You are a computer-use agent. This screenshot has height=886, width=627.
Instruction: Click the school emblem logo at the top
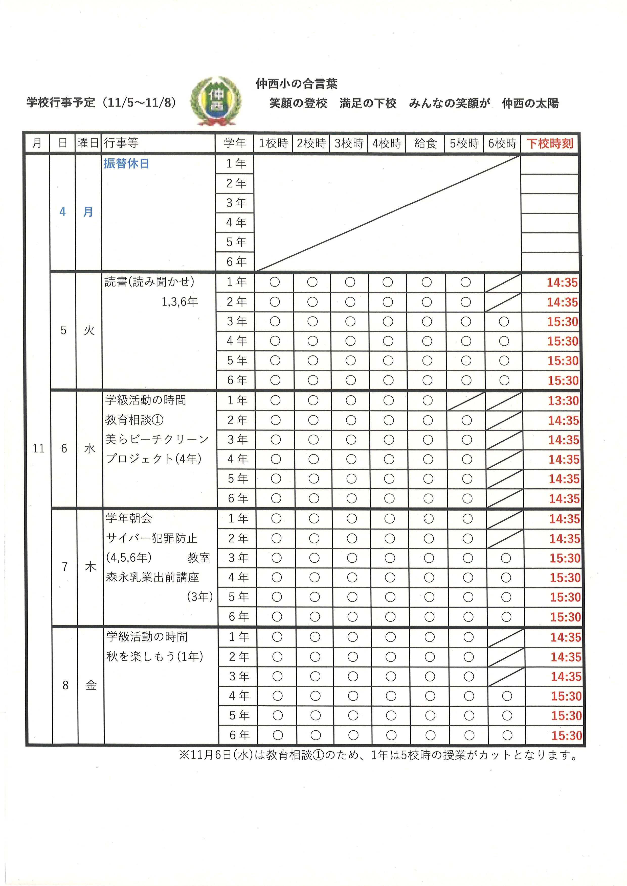(216, 101)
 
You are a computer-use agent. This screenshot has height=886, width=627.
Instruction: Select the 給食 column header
(425, 143)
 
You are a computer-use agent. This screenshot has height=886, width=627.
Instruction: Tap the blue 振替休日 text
(126, 164)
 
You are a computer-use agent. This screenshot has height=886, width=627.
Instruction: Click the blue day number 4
(62, 212)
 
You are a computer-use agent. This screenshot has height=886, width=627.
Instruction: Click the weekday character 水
(89, 448)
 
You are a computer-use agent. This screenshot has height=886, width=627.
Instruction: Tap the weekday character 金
(91, 685)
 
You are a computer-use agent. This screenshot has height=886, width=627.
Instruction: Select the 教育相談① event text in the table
(134, 420)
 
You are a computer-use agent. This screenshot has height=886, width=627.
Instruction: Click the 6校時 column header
(502, 143)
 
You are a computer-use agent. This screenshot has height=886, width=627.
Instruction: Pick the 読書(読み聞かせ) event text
(149, 282)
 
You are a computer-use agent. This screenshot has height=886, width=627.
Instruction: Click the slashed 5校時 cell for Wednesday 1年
(466, 401)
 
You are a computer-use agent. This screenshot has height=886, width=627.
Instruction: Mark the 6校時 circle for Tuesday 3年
(504, 322)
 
